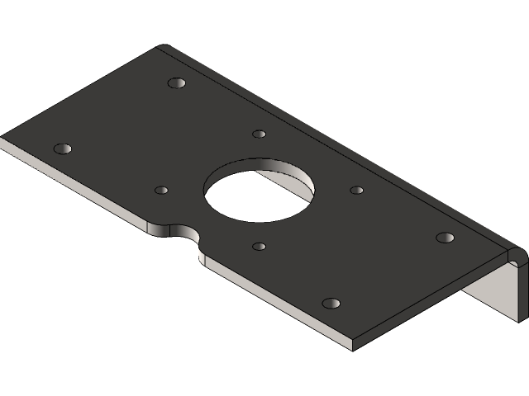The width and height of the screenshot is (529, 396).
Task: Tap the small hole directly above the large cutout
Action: pos(259,134)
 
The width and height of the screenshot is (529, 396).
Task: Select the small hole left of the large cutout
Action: pos(161,190)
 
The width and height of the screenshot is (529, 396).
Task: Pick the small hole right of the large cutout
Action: pos(356,190)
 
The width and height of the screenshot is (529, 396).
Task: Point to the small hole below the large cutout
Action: pos(259,246)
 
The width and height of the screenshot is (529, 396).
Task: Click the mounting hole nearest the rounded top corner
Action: pos(175,83)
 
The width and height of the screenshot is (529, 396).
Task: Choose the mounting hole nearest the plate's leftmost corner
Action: pos(62,149)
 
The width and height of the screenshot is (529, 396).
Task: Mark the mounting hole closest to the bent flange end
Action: pos(445,238)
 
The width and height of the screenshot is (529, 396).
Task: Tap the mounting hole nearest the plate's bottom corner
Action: pos(331,304)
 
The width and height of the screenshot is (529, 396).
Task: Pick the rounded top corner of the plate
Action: pos(164,46)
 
